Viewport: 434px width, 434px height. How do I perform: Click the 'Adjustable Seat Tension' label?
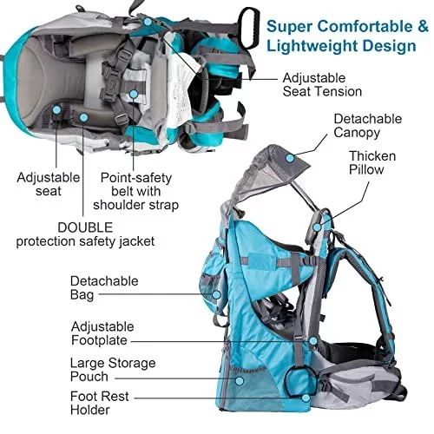click(322, 85)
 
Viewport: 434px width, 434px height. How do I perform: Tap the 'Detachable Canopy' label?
click(368, 126)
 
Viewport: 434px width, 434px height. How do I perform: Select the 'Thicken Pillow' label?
click(372, 163)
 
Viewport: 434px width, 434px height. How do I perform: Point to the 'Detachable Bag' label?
click(104, 288)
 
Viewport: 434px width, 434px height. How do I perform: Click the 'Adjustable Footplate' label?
click(102, 333)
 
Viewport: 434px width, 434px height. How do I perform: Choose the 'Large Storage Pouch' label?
click(113, 370)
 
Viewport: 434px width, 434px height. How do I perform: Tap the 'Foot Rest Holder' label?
click(100, 403)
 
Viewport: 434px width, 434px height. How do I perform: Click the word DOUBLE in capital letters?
click(85, 227)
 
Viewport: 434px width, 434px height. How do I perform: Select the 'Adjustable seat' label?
click(49, 184)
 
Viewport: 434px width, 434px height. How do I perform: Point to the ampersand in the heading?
click(423, 26)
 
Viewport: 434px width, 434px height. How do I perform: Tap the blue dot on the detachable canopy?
click(290, 158)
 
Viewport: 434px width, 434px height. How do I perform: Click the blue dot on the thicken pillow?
click(317, 227)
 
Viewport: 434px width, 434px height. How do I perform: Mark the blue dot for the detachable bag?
click(216, 295)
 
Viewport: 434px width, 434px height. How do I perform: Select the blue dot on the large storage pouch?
click(240, 381)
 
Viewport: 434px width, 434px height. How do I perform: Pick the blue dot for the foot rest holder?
click(306, 398)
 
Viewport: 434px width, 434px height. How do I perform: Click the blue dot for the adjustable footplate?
click(312, 341)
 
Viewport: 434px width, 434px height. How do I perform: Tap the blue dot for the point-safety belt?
click(133, 94)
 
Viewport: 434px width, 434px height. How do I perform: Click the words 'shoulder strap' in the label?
click(135, 205)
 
